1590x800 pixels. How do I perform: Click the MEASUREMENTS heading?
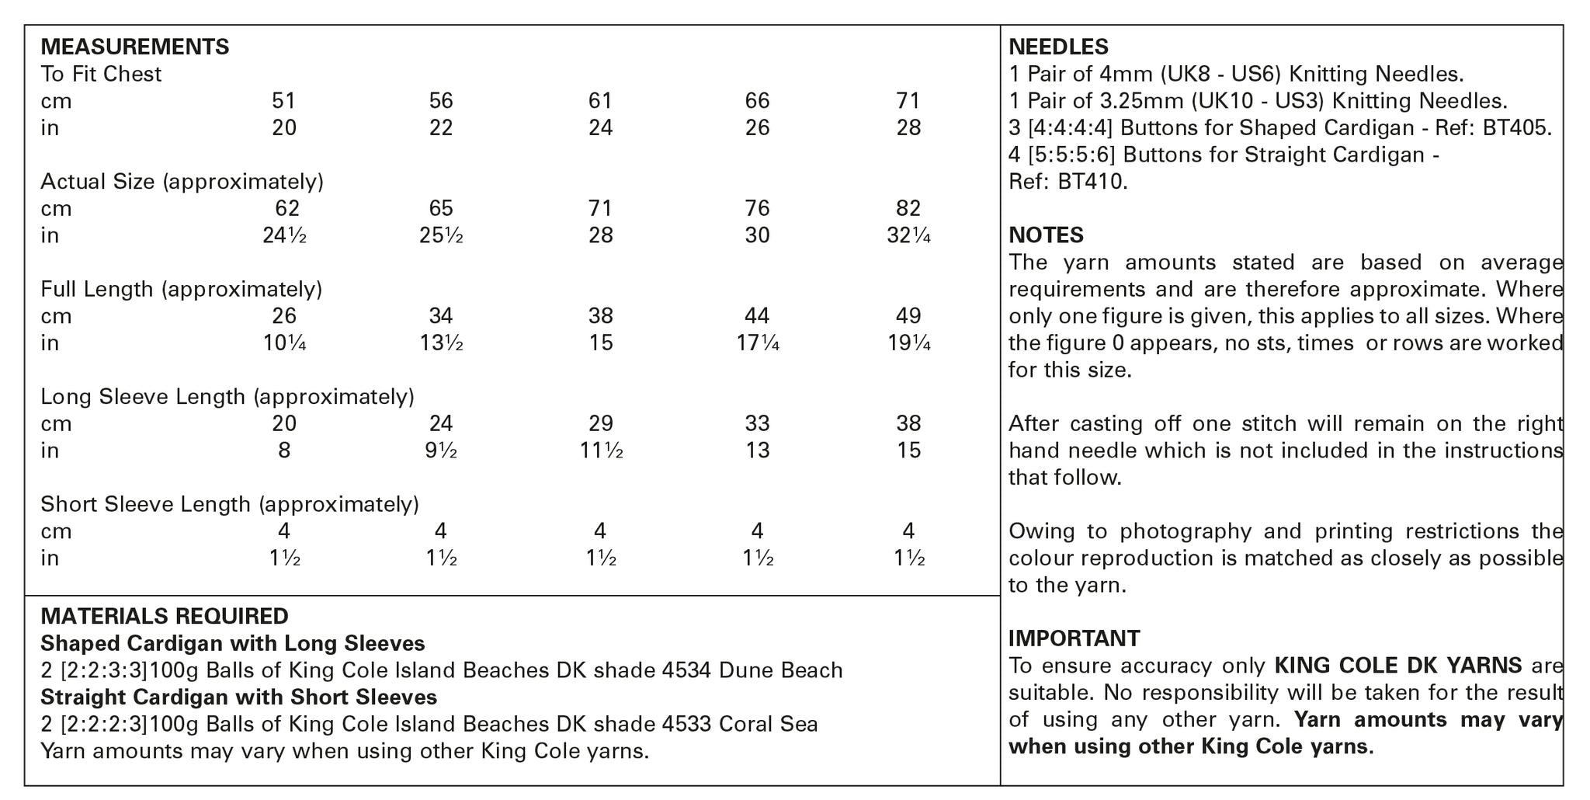(134, 47)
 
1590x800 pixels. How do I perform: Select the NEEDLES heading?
(1058, 47)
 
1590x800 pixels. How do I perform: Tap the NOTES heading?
(1046, 235)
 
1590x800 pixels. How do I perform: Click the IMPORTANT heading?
(1074, 638)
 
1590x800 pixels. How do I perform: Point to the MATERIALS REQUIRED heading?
(164, 617)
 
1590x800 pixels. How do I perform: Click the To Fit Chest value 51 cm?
(283, 101)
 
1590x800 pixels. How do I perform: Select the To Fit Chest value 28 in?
(908, 128)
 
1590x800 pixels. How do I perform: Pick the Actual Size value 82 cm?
(908, 209)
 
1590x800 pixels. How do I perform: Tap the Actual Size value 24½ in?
(284, 235)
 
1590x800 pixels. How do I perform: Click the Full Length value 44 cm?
(756, 316)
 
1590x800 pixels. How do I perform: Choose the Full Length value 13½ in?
(441, 343)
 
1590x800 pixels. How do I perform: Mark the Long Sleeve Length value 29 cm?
(600, 424)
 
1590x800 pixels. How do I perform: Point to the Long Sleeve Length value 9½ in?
(441, 450)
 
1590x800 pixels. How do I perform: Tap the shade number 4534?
(686, 670)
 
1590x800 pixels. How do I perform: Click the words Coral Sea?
(768, 725)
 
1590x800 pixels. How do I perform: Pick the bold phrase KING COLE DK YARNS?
(1397, 666)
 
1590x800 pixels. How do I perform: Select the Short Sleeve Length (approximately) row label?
(229, 505)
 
